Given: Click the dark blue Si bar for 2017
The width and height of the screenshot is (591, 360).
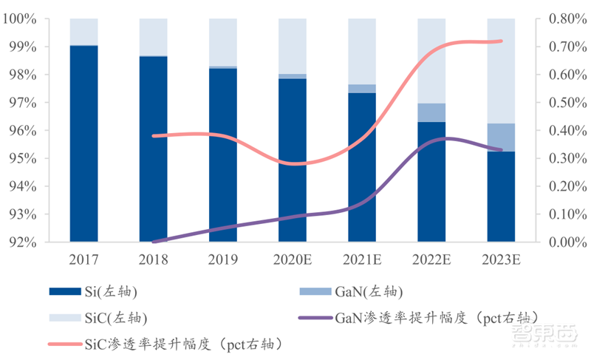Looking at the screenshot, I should pyautogui.click(x=84, y=143).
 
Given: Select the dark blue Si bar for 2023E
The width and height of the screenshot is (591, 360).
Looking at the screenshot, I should pyautogui.click(x=501, y=197).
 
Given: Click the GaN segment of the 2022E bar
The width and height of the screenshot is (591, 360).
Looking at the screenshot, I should pyautogui.click(x=431, y=112).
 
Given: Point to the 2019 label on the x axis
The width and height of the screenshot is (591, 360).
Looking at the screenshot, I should pyautogui.click(x=223, y=259).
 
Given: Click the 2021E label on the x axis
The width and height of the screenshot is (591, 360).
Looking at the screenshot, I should pyautogui.click(x=362, y=259).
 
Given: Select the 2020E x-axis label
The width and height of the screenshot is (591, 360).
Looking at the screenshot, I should pyautogui.click(x=293, y=259).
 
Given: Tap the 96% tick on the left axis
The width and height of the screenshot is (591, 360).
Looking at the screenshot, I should pyautogui.click(x=21, y=131).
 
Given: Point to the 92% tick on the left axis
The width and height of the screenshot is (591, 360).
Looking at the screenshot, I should pyautogui.click(x=21, y=242).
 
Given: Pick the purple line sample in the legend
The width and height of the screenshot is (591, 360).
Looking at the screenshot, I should pyautogui.click(x=313, y=318).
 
